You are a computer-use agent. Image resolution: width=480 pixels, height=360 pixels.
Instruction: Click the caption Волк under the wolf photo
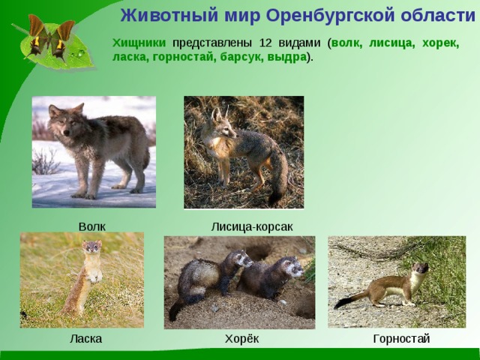91,226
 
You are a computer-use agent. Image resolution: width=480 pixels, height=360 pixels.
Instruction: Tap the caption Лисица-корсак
251,226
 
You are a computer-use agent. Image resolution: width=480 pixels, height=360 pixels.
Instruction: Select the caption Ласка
85,339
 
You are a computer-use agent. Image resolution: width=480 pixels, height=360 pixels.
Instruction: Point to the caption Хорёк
241,339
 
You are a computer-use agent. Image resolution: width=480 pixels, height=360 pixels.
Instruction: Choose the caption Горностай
401,339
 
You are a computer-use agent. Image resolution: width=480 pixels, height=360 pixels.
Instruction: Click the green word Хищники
139,43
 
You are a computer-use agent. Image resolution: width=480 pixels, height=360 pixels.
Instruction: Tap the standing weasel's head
91,247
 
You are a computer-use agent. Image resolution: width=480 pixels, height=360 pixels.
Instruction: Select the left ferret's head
241,259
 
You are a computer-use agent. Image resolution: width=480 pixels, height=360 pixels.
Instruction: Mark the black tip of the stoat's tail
342,304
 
